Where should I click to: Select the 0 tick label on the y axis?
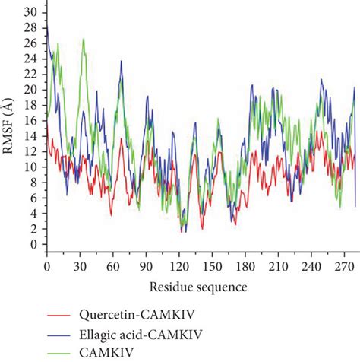[x=32, y=245]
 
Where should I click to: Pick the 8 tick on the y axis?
[x=32, y=183]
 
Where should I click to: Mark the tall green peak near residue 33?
[x=84, y=40]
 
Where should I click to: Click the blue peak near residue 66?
[x=121, y=62]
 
